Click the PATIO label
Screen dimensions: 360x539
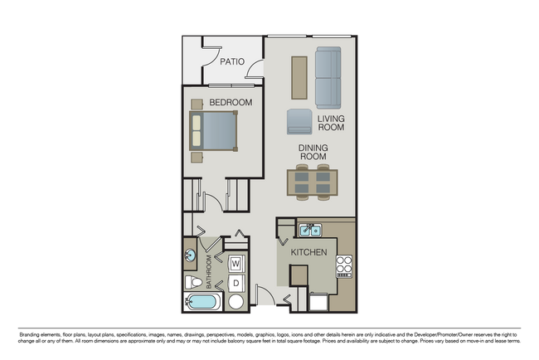(x=231, y=61)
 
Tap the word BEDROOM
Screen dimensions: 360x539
(x=230, y=102)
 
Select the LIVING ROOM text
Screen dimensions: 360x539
(x=331, y=124)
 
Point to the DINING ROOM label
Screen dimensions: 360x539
(x=313, y=153)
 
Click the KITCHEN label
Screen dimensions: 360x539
(x=308, y=251)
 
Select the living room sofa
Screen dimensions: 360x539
(x=328, y=77)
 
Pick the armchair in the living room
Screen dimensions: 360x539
(x=299, y=122)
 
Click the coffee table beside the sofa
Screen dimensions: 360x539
(x=299, y=77)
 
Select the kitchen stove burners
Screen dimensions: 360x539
(x=344, y=265)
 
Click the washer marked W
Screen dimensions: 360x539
(x=236, y=264)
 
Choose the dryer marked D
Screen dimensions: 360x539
(x=236, y=283)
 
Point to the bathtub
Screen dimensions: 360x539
(x=202, y=302)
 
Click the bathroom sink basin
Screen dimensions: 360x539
(x=190, y=256)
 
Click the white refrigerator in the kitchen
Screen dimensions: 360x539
(x=318, y=301)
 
